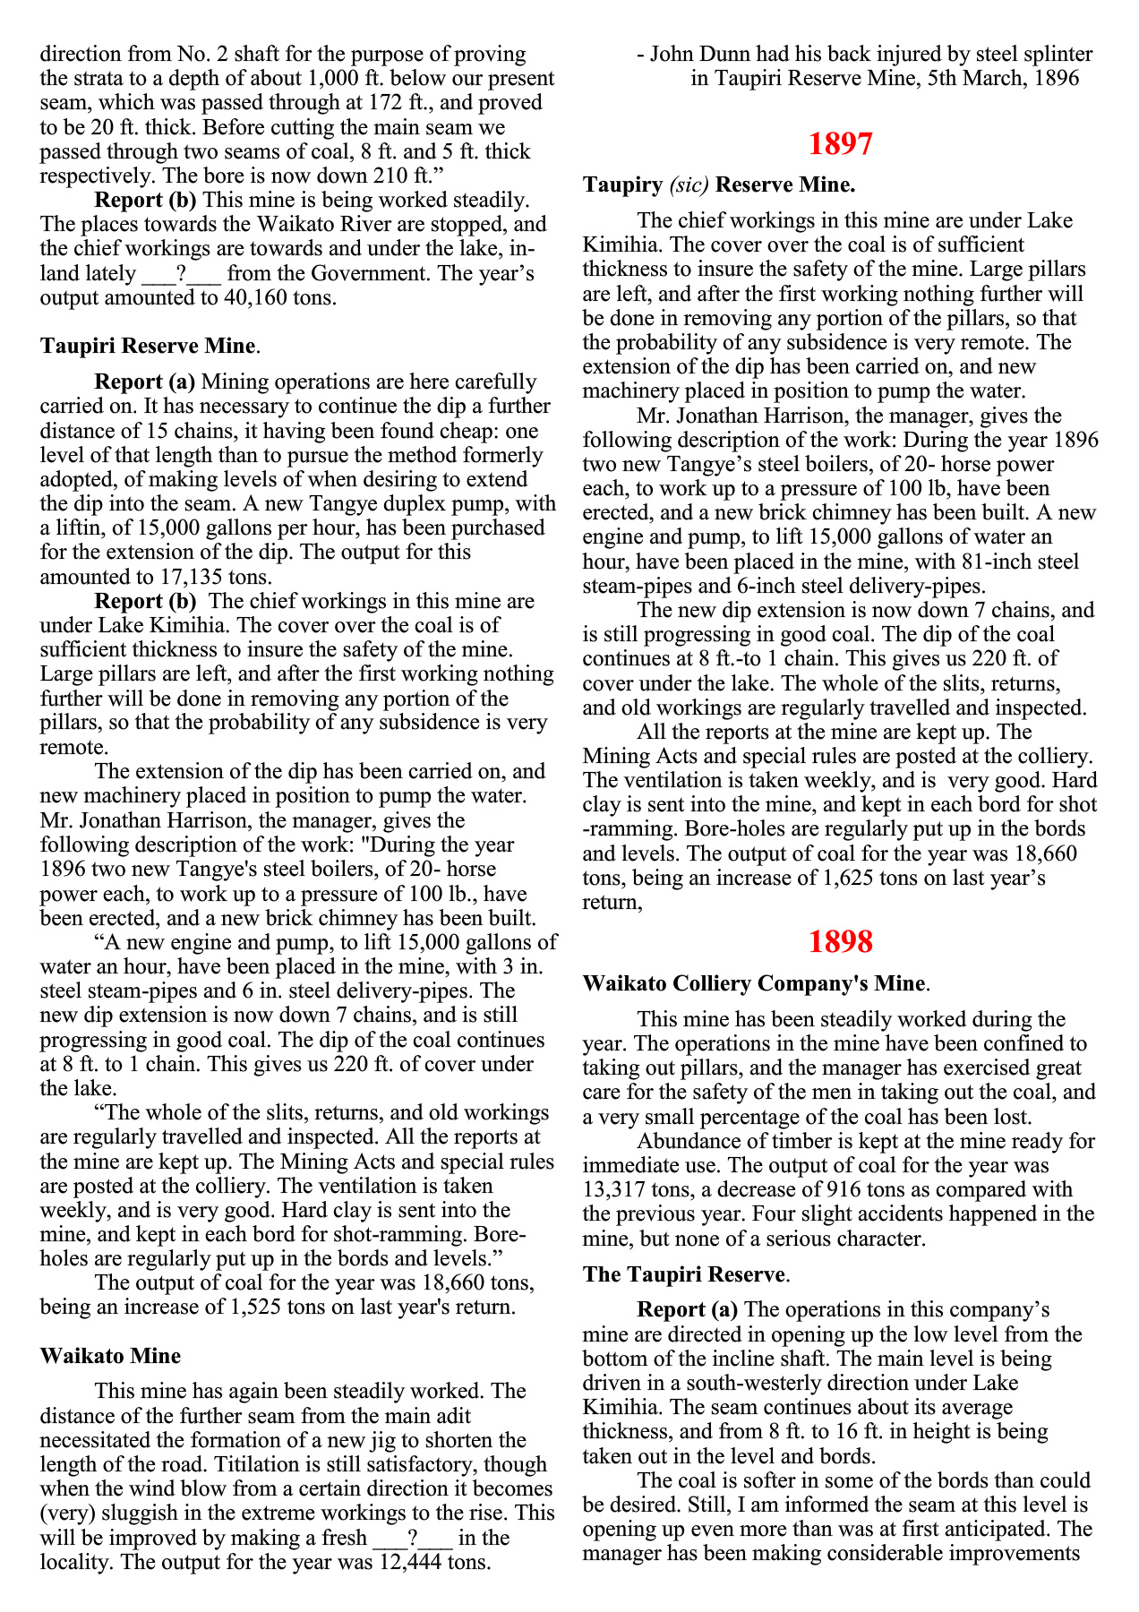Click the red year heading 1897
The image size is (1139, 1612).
[x=840, y=143]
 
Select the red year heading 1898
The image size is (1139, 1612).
[x=840, y=941]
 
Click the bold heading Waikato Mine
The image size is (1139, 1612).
[x=110, y=1356]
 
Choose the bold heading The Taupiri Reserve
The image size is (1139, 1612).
[x=684, y=1274]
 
